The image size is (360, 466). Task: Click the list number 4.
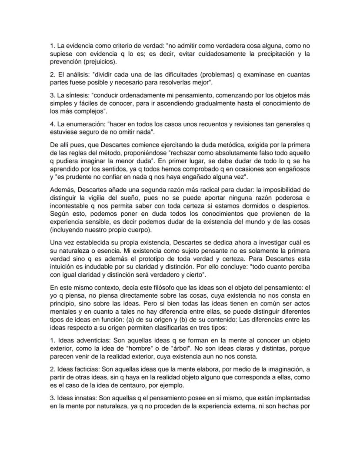point(52,124)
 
